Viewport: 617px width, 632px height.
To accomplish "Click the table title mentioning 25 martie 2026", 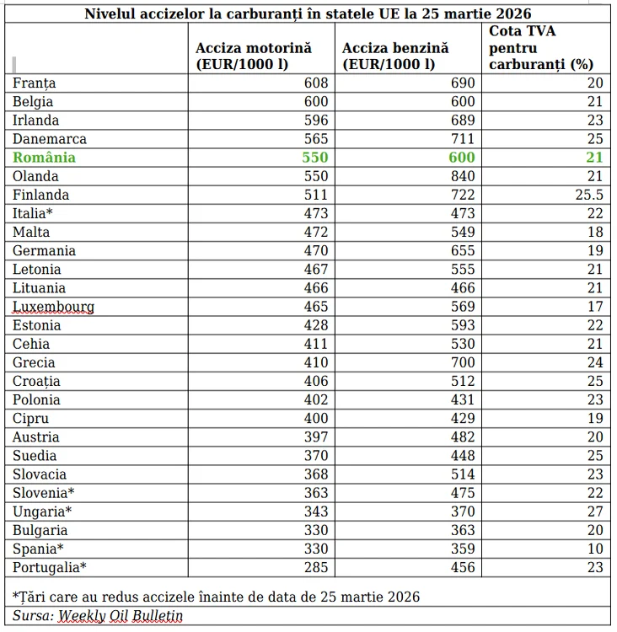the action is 308,13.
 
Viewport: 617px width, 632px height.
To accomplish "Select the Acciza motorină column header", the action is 254,56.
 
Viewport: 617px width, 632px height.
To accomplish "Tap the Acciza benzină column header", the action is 395,56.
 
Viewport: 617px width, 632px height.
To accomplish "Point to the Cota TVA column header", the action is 541,47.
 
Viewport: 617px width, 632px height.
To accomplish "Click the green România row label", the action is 44,158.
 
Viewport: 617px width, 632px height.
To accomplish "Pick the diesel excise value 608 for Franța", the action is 316,83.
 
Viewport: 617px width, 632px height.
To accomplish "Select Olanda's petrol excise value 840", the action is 463,176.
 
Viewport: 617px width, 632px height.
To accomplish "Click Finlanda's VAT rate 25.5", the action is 589,195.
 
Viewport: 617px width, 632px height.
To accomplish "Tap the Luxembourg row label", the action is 54,307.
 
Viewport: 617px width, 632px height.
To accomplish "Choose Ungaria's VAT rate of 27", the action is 595,511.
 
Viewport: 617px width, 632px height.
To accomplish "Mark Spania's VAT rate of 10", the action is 595,549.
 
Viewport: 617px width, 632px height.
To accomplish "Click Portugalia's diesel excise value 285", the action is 316,567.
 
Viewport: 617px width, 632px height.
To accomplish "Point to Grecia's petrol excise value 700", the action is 463,362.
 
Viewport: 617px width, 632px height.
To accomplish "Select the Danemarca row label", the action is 50,139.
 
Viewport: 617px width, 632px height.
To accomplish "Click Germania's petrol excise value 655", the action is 463,251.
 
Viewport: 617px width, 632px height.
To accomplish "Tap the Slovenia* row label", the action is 44,493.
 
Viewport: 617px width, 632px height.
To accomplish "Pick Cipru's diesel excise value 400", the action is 316,418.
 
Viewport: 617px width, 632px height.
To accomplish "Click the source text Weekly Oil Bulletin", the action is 121,616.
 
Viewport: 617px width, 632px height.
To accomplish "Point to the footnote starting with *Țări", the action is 216,597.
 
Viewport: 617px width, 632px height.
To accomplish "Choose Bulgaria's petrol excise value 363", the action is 463,530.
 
